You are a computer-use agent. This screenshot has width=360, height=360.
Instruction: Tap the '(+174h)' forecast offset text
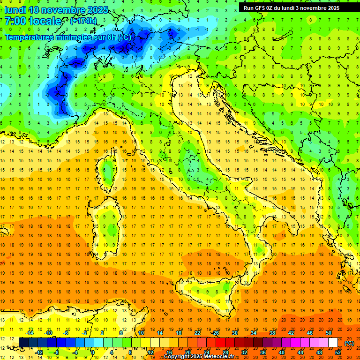tap(83, 21)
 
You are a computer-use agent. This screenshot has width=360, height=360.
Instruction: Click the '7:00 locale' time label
tap(33, 21)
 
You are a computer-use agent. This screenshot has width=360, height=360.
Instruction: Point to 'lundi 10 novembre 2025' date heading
tap(56, 10)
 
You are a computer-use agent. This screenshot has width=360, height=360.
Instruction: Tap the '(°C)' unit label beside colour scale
tap(349, 343)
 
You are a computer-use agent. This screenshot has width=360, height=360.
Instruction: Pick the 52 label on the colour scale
tap(338, 352)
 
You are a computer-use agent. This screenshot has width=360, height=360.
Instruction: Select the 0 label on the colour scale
tap(92, 352)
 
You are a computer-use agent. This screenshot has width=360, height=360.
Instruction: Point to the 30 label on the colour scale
tap(234, 333)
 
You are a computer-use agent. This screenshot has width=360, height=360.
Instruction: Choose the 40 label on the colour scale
tap(282, 352)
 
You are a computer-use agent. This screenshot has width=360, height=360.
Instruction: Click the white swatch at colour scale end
tap(333, 343)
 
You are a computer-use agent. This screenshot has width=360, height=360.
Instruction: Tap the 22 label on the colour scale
tap(197, 333)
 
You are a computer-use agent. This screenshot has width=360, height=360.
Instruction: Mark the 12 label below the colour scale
tap(150, 352)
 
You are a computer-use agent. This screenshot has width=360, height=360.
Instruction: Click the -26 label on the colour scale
tap(215, 333)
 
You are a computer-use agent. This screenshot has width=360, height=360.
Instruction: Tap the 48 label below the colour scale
tap(319, 352)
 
